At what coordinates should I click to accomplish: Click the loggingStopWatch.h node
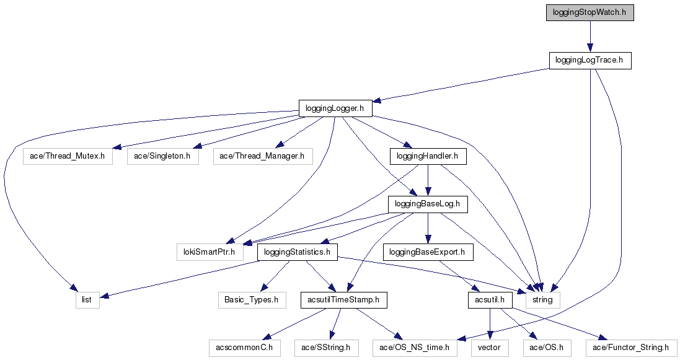[x=589, y=13]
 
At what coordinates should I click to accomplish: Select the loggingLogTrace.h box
[x=589, y=61]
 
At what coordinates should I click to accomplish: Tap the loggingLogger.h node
[x=335, y=108]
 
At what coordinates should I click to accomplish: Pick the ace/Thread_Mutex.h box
[x=68, y=156]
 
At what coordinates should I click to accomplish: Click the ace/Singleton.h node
[x=163, y=156]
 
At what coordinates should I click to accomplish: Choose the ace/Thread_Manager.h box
[x=262, y=156]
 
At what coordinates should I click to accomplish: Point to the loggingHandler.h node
[x=428, y=156]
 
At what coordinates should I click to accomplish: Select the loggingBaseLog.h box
[x=428, y=204]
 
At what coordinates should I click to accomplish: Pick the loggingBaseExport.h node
[x=428, y=252]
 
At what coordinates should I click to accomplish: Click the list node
[x=87, y=300]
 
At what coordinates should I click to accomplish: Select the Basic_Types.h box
[x=252, y=300]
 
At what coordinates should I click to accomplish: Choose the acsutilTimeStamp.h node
[x=343, y=300]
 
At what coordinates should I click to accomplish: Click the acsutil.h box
[x=490, y=300]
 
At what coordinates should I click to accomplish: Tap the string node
[x=543, y=300]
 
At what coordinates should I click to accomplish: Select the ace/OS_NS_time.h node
[x=415, y=348]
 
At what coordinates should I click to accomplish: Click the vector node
[x=490, y=348]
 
